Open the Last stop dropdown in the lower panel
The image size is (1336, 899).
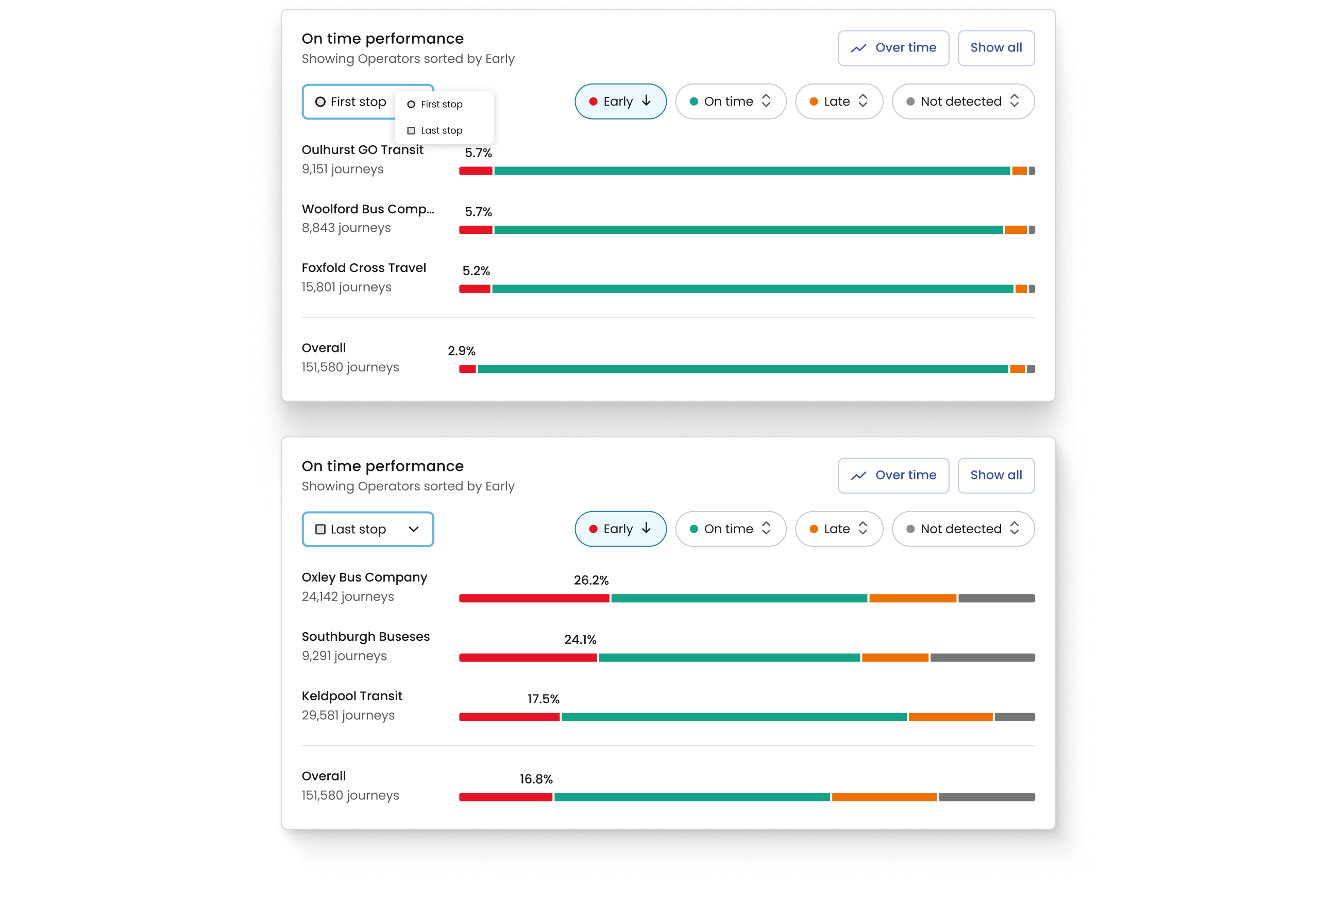tap(367, 529)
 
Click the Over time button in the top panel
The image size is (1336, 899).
tap(893, 48)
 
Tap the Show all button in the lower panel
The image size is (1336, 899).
tap(995, 476)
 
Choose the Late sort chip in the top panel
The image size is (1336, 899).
tap(838, 101)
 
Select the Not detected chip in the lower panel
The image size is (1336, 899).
tap(963, 529)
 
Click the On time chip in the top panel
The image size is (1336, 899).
tap(730, 101)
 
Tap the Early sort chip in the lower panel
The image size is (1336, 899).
tap(620, 529)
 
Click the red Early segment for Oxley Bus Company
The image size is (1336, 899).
tap(534, 599)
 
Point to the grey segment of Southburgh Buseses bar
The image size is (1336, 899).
tap(982, 657)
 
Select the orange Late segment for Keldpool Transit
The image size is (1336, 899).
tap(950, 717)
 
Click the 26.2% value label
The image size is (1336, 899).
tap(591, 580)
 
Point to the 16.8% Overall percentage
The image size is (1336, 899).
tap(536, 779)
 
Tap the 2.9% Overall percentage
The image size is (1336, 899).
tap(462, 351)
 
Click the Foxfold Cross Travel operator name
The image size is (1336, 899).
tap(364, 268)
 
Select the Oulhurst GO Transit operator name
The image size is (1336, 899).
tap(362, 149)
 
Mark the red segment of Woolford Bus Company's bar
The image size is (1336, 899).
tap(476, 230)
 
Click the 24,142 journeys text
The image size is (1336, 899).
tap(347, 597)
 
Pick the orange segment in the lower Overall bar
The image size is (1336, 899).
tap(884, 797)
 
